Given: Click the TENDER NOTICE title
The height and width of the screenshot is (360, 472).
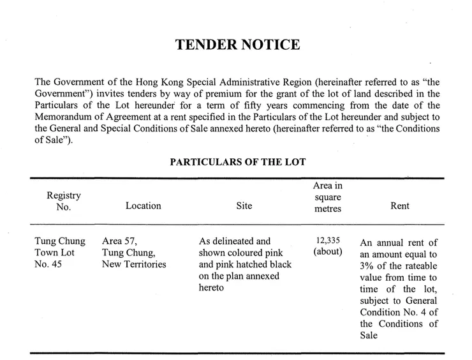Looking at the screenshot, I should tap(237, 45).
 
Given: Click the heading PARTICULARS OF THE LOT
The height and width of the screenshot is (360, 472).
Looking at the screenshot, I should tap(237, 162).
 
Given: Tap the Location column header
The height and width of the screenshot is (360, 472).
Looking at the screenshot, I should tap(144, 206).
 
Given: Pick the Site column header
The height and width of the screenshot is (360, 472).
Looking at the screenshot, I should tap(244, 206).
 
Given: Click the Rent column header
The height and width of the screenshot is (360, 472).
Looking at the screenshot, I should tap(399, 206).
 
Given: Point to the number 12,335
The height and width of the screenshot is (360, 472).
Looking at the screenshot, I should tap(328, 241).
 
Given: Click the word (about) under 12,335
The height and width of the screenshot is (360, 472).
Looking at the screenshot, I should tap(328, 252).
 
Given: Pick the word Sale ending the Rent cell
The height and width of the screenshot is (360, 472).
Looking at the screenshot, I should tap(371, 334).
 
